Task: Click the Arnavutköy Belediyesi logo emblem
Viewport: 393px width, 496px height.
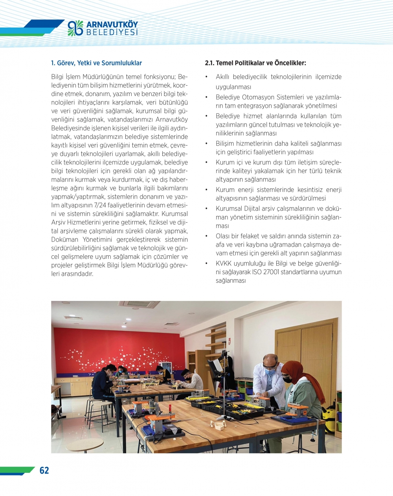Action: [x=75, y=28]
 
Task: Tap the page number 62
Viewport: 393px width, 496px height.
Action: [x=44, y=470]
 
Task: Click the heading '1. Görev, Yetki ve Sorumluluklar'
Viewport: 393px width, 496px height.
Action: [x=96, y=63]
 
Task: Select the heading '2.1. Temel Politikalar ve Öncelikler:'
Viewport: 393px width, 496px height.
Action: [x=255, y=63]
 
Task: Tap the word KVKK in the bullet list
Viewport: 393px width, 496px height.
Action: [x=224, y=263]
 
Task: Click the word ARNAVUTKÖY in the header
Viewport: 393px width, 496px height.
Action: [x=112, y=24]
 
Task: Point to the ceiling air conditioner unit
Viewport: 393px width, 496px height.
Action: [x=140, y=304]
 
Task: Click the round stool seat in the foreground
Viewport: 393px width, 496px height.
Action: [x=84, y=445]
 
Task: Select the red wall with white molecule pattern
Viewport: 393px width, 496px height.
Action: [x=118, y=346]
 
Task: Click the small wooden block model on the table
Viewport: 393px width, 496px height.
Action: [x=218, y=424]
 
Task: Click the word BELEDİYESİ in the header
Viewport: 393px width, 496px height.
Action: [x=112, y=33]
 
